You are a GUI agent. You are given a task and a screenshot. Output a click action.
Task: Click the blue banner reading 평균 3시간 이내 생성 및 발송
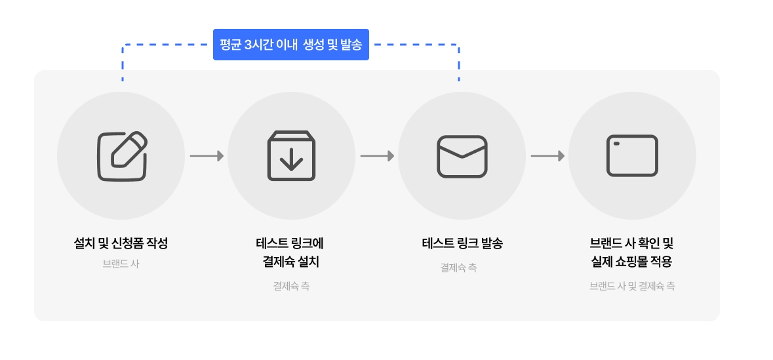[290, 45]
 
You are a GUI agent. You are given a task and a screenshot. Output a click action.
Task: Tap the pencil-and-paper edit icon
[122, 156]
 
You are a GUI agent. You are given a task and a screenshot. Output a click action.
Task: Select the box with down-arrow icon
[291, 156]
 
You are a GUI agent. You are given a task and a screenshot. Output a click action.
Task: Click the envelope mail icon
[462, 156]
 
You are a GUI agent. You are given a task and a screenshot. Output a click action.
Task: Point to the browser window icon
[632, 156]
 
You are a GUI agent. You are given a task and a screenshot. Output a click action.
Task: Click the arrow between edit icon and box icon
[207, 156]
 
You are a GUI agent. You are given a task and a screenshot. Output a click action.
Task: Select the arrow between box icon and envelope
[377, 156]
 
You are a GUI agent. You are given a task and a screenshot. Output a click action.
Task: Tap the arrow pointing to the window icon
[547, 156]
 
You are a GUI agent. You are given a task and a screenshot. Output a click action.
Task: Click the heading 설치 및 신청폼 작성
[121, 243]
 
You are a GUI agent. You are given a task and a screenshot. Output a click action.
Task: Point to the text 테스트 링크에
[291, 243]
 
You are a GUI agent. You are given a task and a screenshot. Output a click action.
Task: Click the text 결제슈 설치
[291, 262]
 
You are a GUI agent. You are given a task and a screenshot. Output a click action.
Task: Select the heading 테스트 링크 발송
[462, 243]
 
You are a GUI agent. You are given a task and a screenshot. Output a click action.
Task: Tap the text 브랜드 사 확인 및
[632, 243]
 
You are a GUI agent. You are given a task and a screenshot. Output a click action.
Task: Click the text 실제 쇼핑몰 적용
[632, 262]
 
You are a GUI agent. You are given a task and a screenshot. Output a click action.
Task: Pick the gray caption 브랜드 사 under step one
[121, 264]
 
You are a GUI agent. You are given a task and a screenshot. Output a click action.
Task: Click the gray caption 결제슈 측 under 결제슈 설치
[291, 286]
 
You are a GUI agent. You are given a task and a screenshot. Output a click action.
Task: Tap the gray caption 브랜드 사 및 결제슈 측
[632, 286]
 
